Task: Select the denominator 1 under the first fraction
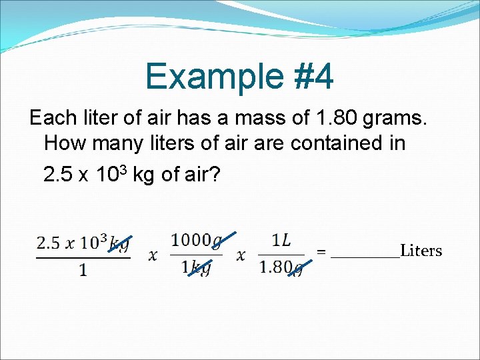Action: tap(83, 271)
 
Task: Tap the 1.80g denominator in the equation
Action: tap(281, 268)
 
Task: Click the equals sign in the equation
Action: tap(321, 253)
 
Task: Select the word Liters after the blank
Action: tap(421, 251)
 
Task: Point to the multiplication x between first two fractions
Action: tap(153, 256)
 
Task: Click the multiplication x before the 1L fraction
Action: tap(241, 256)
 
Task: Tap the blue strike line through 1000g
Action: tap(223, 241)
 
